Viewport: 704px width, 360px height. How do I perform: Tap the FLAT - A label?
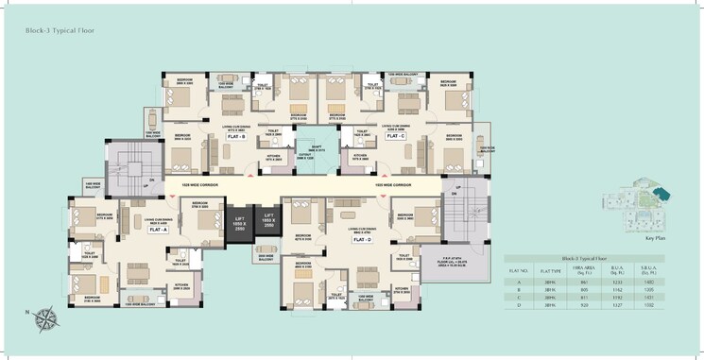point(155,230)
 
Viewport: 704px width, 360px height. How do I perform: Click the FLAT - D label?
point(361,240)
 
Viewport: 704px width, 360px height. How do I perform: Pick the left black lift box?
point(239,224)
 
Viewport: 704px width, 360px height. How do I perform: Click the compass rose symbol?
point(43,320)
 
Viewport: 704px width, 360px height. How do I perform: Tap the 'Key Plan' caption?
point(657,239)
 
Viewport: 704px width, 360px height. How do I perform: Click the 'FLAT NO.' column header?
point(519,269)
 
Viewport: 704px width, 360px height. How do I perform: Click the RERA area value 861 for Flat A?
point(586,282)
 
